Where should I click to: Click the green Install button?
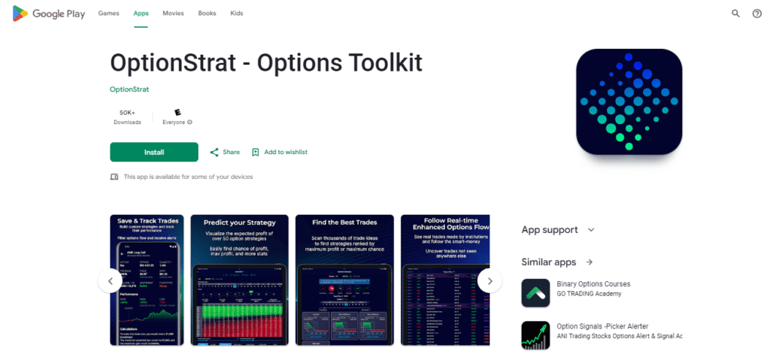click(154, 152)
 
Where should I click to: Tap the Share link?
click(225, 152)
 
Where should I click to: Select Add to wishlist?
click(280, 152)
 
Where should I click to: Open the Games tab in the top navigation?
click(108, 14)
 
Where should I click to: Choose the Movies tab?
click(173, 14)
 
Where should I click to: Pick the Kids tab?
click(236, 14)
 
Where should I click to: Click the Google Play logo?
click(49, 14)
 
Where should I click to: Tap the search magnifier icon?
click(735, 14)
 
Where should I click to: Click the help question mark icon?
click(756, 14)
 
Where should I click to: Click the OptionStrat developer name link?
click(129, 89)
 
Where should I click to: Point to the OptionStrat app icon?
click(629, 101)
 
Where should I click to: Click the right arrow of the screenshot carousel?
click(490, 281)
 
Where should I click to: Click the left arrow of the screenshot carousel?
click(110, 281)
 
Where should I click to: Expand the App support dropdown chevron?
click(591, 230)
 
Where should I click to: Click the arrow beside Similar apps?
click(590, 262)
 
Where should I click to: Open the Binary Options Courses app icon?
click(535, 292)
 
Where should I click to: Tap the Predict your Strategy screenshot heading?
click(240, 222)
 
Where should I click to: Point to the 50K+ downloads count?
click(127, 113)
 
